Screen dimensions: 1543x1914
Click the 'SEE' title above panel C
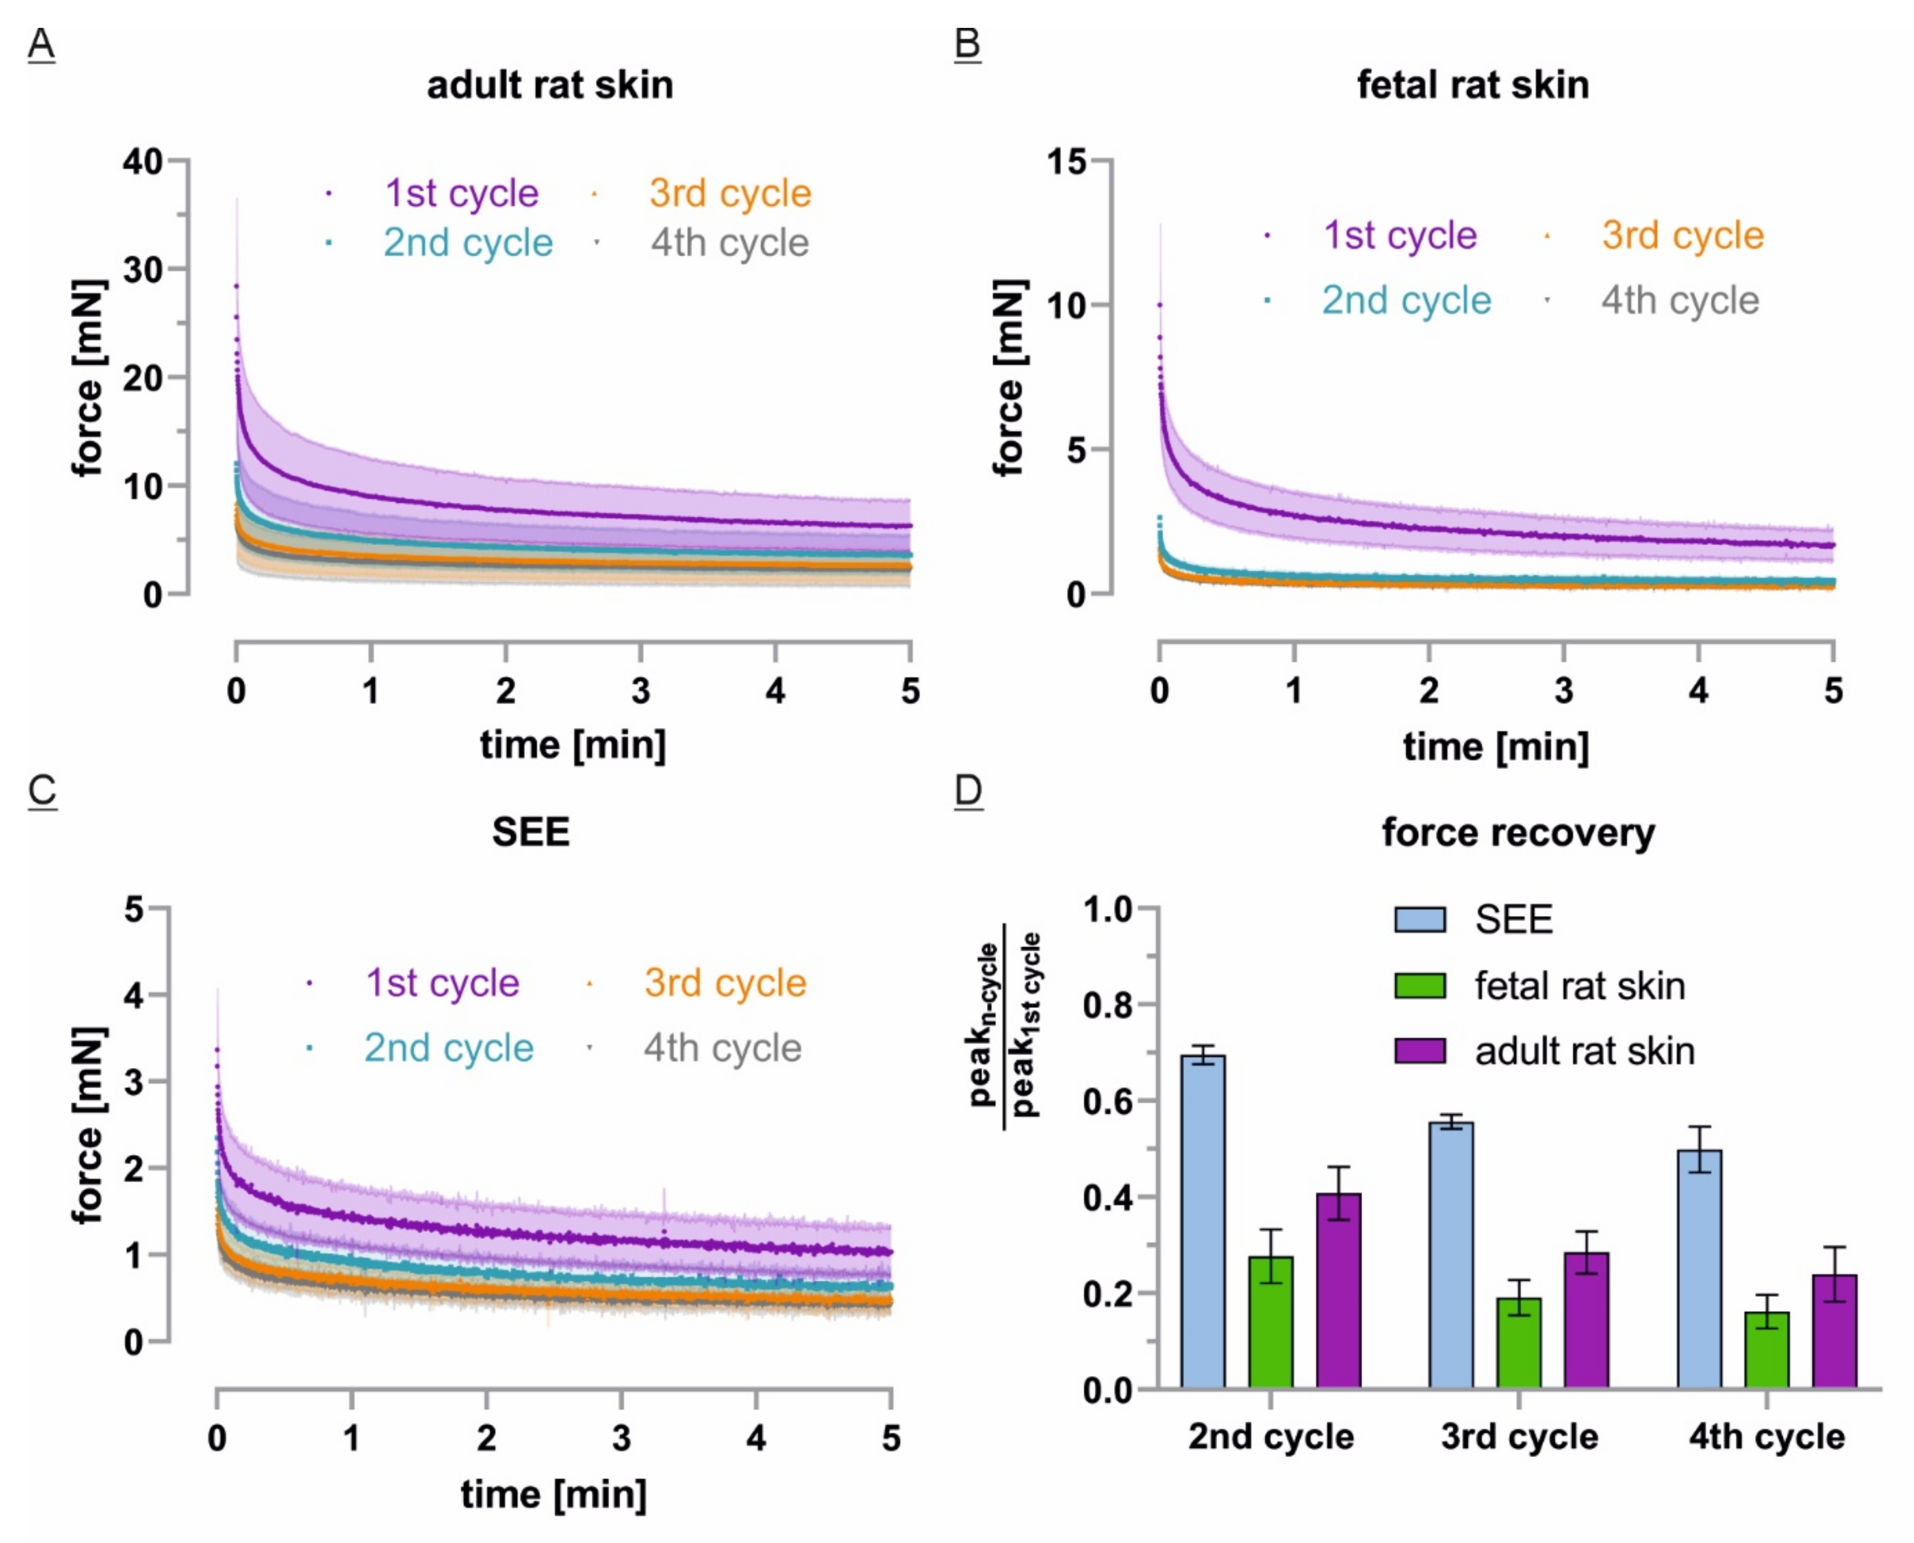(531, 832)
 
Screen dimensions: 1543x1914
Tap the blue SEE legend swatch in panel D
(1420, 919)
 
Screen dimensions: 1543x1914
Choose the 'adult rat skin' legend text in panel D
(1584, 1052)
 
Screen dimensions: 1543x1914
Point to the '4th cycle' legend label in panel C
(722, 1048)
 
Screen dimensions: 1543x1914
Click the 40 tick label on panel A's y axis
(142, 162)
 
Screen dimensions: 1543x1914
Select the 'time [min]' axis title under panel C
(553, 1494)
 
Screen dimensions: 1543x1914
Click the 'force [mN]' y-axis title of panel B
(1011, 378)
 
